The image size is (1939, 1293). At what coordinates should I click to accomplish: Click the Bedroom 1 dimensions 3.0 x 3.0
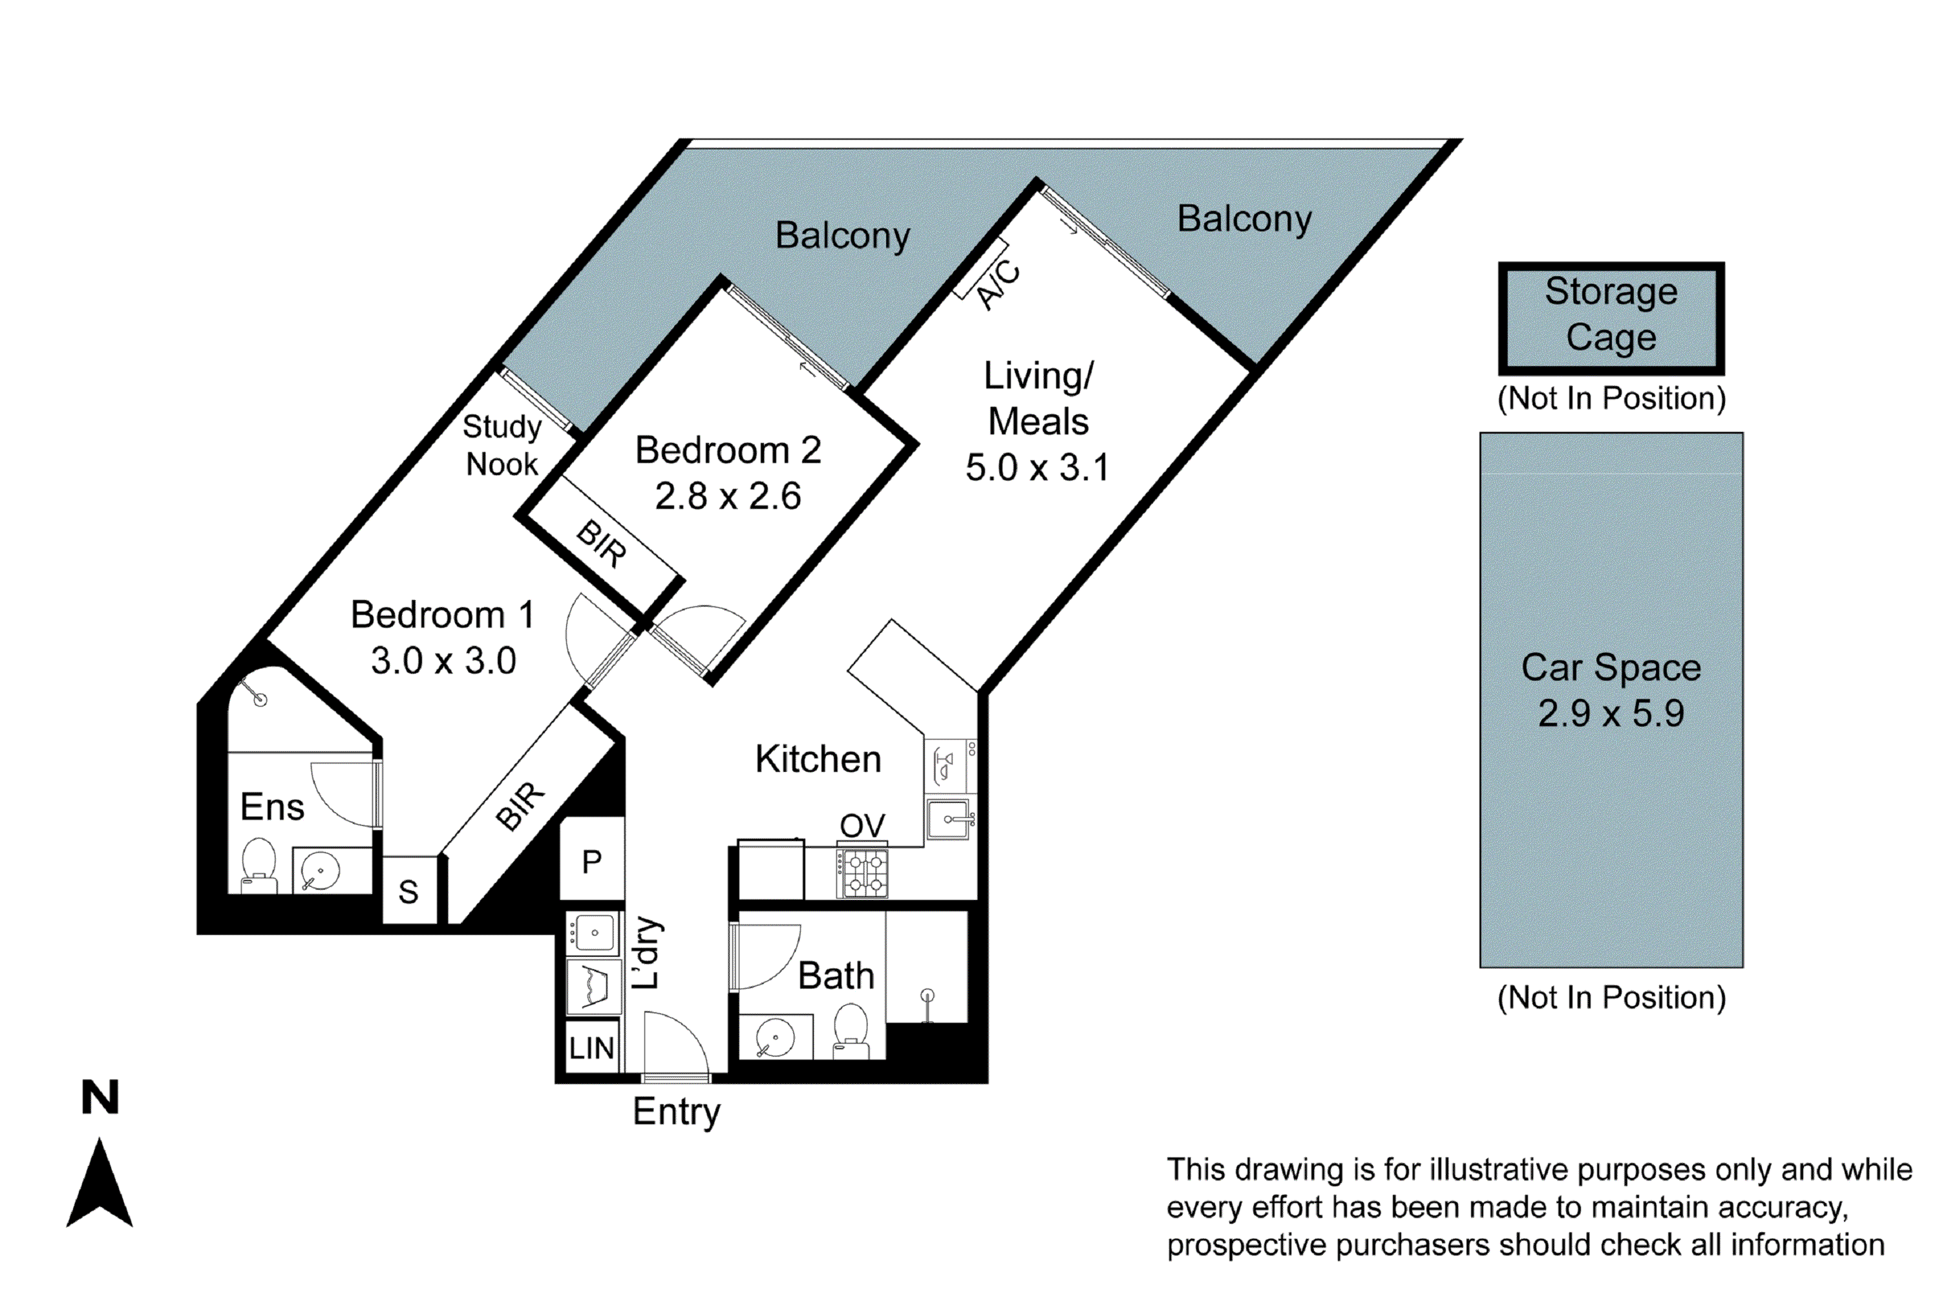[x=443, y=661]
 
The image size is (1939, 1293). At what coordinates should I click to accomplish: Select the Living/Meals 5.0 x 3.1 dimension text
[x=1037, y=467]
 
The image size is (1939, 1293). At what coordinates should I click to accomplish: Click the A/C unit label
[x=997, y=285]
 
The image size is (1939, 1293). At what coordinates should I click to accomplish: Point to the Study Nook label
[x=502, y=445]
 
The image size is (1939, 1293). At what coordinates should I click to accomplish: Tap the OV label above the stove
[x=862, y=826]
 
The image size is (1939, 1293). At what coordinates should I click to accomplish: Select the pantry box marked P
[x=592, y=861]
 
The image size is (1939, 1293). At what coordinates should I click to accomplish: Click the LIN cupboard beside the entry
[x=592, y=1048]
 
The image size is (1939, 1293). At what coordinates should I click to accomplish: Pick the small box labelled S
[x=409, y=892]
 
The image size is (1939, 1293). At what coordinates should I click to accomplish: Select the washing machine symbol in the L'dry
[x=593, y=987]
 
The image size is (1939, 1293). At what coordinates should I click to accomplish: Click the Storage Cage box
[x=1610, y=317]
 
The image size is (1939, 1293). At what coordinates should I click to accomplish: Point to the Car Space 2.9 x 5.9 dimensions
[x=1610, y=713]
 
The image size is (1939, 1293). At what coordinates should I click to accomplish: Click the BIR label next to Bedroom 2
[x=602, y=544]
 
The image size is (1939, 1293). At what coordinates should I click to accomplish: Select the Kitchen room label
[x=818, y=758]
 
